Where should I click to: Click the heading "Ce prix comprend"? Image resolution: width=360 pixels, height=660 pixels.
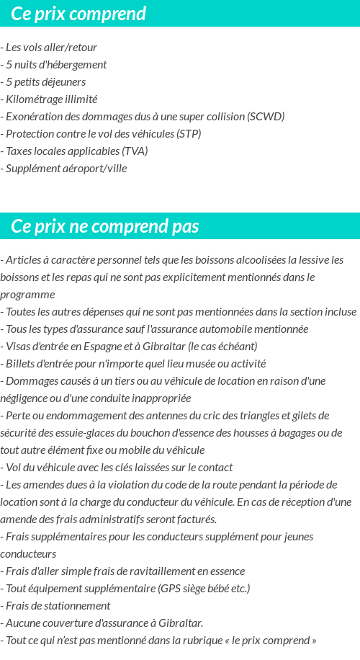(x=78, y=14)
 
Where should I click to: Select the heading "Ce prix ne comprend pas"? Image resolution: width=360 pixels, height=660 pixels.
(x=104, y=226)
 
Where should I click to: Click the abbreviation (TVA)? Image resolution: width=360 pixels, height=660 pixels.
(x=135, y=151)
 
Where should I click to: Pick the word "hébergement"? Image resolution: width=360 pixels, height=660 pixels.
(x=78, y=65)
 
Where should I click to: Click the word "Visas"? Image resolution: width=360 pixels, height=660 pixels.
(x=18, y=347)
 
